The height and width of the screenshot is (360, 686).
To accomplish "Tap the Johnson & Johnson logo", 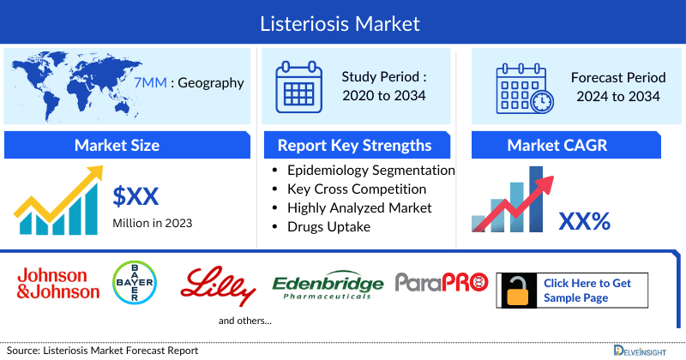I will pos(57,284).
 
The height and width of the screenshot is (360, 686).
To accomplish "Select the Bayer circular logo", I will pos(135,283).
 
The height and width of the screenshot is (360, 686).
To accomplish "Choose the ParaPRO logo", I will pos(441,281).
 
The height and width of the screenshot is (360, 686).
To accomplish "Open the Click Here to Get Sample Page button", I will pos(587,291).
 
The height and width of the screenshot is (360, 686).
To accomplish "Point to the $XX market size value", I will pos(135,197).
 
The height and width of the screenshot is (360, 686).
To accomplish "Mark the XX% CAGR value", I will pos(584,222).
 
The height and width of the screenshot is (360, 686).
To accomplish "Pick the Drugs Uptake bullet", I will pos(329,226).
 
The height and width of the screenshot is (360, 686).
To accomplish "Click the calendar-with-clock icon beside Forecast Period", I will pos(524,87).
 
